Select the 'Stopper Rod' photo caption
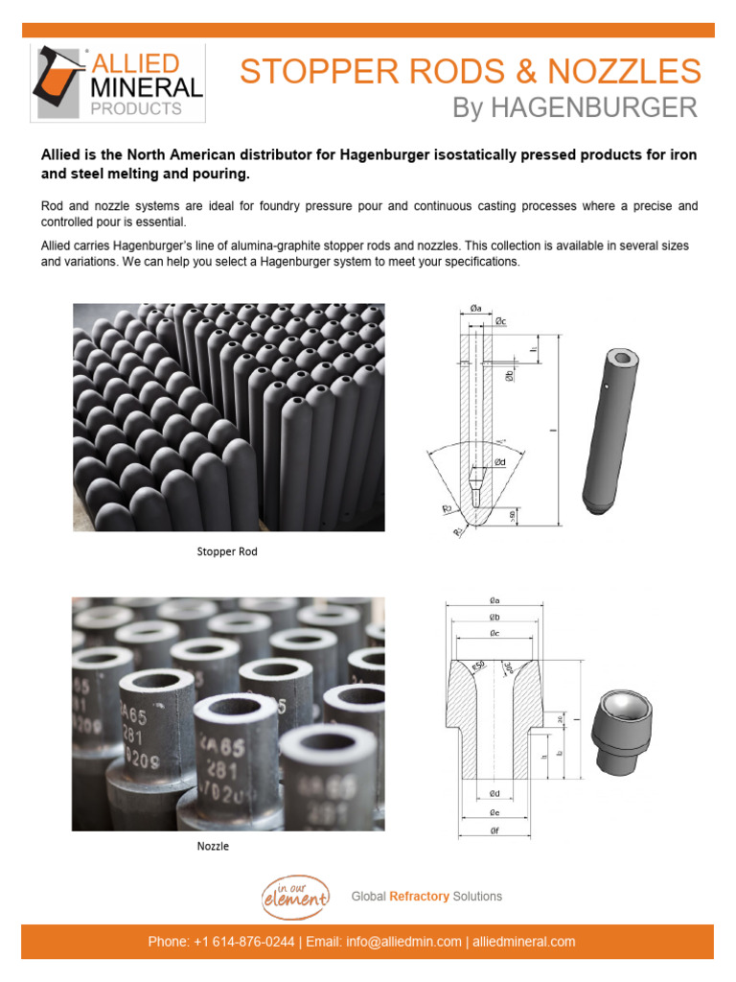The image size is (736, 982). point(227,551)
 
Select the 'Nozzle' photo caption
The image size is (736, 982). point(213,847)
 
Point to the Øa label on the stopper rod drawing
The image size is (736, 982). point(476,308)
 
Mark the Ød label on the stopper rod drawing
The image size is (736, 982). point(499,462)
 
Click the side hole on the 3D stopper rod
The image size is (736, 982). point(608,387)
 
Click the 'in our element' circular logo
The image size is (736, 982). point(295,897)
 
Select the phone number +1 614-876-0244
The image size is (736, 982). point(241,942)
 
